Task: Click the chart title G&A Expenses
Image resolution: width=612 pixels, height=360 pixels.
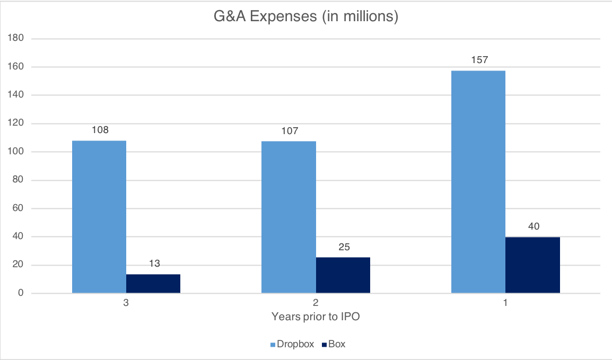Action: (x=305, y=17)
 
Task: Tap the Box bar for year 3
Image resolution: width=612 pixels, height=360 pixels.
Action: (x=153, y=283)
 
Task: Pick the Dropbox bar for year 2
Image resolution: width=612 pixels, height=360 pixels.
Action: (x=288, y=217)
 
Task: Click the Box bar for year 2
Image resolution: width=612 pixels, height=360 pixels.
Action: (x=343, y=275)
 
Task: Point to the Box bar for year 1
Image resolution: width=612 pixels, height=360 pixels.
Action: (x=532, y=265)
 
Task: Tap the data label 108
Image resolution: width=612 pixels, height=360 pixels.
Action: (x=100, y=130)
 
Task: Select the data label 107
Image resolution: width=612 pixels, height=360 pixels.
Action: (x=289, y=130)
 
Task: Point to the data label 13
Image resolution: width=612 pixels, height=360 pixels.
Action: (x=153, y=264)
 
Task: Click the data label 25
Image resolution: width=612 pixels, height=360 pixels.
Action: (x=343, y=247)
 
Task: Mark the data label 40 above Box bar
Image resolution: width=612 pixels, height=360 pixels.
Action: (x=532, y=226)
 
